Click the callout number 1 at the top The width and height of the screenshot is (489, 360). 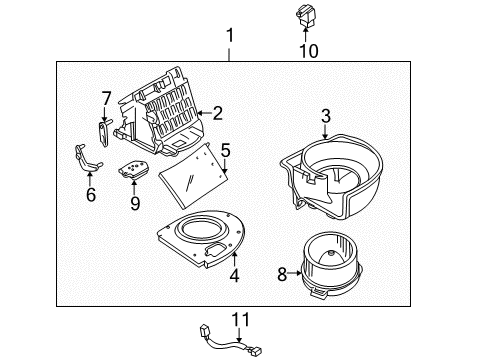coord(231,39)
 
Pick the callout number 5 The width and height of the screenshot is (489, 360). coord(226,150)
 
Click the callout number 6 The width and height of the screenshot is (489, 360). coord(90,194)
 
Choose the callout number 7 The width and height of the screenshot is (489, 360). coord(105,97)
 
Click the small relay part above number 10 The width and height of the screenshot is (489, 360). coord(305,15)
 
